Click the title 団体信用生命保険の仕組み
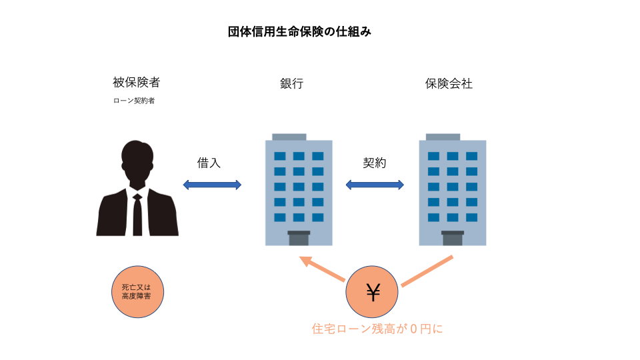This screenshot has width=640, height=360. (299, 32)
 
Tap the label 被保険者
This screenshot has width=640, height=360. (137, 83)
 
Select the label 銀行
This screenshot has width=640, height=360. (291, 84)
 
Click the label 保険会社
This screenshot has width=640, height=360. (449, 84)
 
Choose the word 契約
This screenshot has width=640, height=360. (374, 163)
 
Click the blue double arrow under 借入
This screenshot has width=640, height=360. (212, 185)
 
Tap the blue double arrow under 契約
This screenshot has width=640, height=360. (375, 185)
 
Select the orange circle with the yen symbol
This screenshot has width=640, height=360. (372, 292)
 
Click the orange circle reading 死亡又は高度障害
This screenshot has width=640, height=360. (137, 292)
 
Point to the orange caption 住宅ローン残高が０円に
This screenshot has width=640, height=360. (377, 328)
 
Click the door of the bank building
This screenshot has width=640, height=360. (299, 238)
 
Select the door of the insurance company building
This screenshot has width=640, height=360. (453, 238)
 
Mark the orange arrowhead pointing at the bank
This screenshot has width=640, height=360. (305, 261)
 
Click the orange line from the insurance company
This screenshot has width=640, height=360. (427, 271)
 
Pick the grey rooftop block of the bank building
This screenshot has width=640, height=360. (289, 137)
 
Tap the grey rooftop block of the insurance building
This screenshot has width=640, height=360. (443, 137)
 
